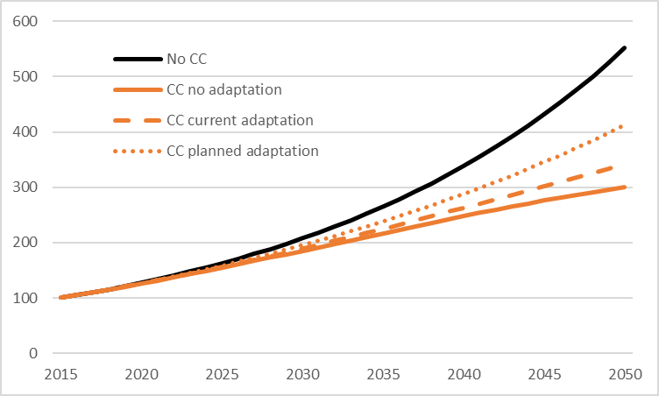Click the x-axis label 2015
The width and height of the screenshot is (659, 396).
pyautogui.click(x=60, y=375)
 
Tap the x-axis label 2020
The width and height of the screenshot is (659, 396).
pyautogui.click(x=141, y=375)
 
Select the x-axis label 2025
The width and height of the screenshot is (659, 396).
pyautogui.click(x=222, y=375)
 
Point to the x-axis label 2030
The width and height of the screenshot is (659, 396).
pyautogui.click(x=302, y=375)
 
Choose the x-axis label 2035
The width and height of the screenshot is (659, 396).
pyautogui.click(x=383, y=375)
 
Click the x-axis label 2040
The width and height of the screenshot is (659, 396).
pyautogui.click(x=464, y=375)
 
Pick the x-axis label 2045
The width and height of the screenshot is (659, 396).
pyautogui.click(x=544, y=375)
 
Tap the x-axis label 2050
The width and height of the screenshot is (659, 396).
pyautogui.click(x=625, y=375)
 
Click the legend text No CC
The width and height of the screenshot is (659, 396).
pyautogui.click(x=187, y=60)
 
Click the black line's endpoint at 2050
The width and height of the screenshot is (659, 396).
pyautogui.click(x=625, y=47)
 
